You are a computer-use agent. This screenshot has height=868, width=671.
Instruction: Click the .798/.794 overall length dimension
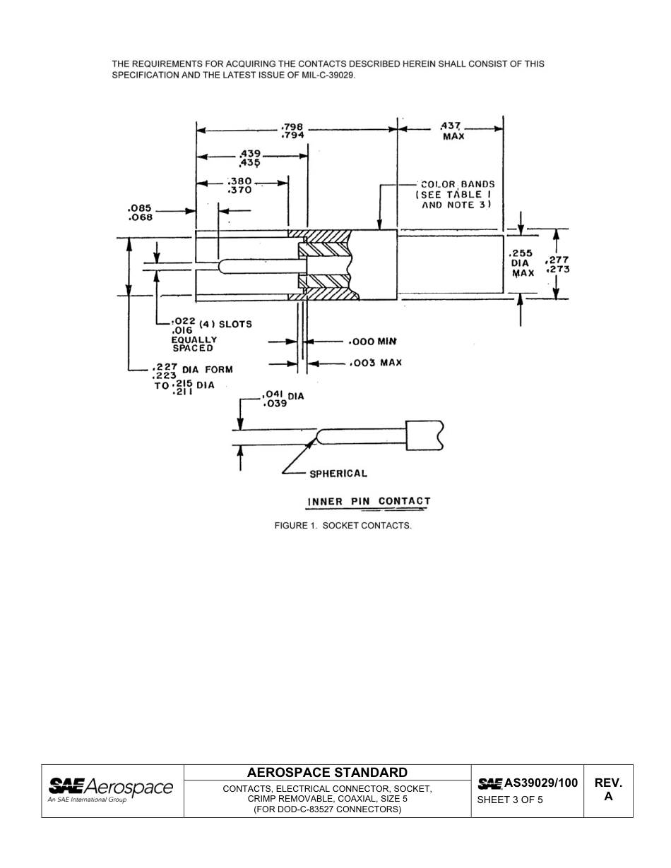coord(292,131)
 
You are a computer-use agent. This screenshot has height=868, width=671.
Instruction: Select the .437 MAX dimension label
coord(453,131)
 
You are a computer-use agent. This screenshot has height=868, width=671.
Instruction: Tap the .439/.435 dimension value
coord(250,157)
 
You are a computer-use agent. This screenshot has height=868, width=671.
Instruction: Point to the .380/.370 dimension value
coord(240,185)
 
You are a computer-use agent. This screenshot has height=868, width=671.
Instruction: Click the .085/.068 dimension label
coord(140,212)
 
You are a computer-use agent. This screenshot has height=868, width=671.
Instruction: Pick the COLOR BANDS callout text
coord(456,194)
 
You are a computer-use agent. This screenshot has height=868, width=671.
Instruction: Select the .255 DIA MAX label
coord(523,263)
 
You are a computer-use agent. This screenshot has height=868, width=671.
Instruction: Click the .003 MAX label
coord(375,363)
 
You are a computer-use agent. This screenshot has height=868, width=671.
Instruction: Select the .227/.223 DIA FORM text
coord(191,372)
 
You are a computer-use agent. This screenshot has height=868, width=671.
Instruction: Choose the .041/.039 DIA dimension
coord(282,399)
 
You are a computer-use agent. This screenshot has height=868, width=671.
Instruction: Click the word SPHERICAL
coord(338,474)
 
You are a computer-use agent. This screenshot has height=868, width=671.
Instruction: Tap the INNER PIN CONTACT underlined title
coord(368,502)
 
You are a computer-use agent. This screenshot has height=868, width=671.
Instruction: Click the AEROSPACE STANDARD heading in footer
coord(327,772)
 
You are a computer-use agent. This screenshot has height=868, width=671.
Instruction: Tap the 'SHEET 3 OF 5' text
coord(510,800)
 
